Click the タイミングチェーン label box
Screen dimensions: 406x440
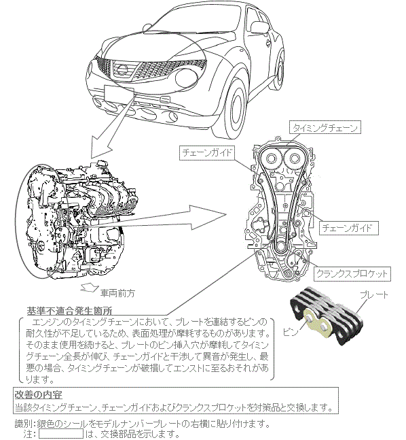tap(325, 128)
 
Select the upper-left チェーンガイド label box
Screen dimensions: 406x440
tap(207, 152)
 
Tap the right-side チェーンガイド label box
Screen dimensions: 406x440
tap(349, 228)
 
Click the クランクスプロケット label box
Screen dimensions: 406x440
tap(352, 273)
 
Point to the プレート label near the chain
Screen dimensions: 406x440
tap(374, 295)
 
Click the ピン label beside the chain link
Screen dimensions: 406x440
tap(291, 332)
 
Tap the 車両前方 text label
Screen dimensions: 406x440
tap(117, 293)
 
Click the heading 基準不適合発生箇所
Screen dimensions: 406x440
tap(69, 311)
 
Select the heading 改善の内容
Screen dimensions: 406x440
tap(39, 395)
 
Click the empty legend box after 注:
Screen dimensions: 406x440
tap(61, 433)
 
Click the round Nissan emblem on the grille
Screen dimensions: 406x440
tap(122, 69)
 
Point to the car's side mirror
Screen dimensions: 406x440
tap(259, 27)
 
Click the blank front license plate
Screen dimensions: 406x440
tap(119, 93)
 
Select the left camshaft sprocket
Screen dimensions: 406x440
tap(270, 159)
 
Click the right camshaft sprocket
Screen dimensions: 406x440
tap(293, 159)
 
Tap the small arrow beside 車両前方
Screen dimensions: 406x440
tap(89, 288)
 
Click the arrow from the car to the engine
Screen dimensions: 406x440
tap(112, 127)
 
